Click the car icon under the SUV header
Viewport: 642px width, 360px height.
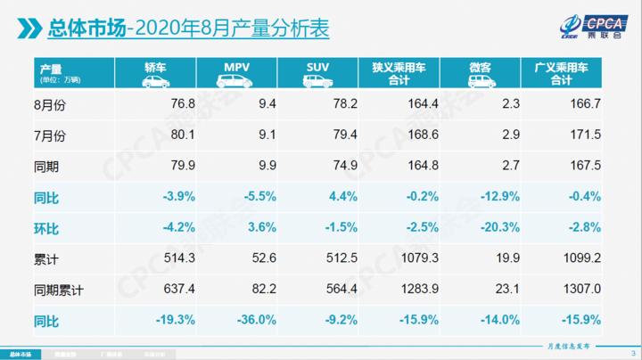pos(317,81)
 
